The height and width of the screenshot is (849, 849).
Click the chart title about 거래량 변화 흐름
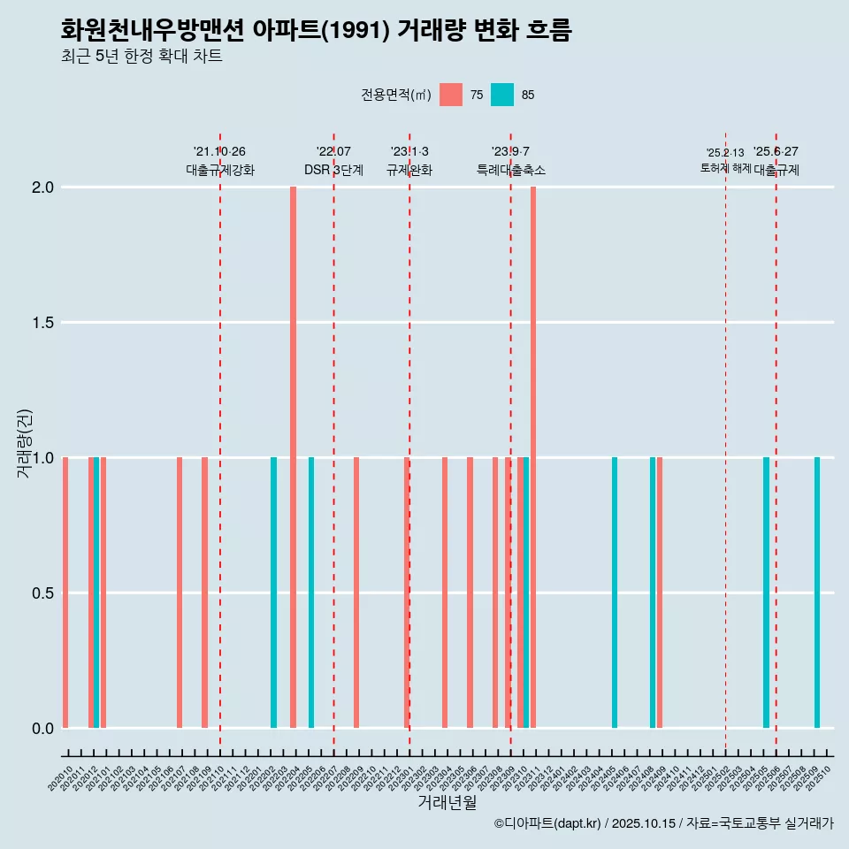(317, 30)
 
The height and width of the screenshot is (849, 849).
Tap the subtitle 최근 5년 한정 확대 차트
(141, 57)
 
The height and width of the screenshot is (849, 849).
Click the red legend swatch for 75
(451, 95)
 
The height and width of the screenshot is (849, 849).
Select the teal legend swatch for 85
(502, 95)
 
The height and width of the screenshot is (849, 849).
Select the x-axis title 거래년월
(447, 802)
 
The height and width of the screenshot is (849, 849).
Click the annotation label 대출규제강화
(220, 170)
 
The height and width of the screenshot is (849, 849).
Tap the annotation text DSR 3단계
(333, 170)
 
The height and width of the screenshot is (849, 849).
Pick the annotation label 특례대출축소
(510, 170)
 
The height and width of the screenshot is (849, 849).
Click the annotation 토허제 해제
(725, 167)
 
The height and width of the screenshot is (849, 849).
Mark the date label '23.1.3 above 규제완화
(409, 151)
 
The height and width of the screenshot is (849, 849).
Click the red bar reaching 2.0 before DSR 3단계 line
(293, 457)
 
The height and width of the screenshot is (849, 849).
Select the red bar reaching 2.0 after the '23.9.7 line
(533, 457)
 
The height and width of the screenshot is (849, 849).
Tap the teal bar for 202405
(615, 593)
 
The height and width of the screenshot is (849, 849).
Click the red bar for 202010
(65, 593)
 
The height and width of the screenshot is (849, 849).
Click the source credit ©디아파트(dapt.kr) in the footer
(548, 823)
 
